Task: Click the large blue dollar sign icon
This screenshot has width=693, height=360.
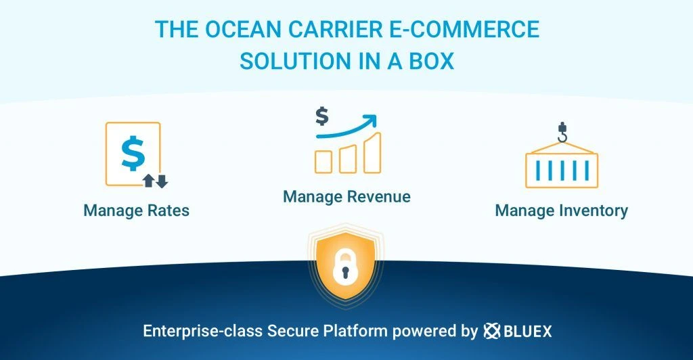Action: [133, 154]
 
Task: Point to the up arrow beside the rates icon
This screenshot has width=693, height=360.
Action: [149, 181]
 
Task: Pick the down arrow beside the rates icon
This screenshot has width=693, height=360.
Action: [161, 181]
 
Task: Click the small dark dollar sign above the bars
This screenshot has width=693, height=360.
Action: [322, 116]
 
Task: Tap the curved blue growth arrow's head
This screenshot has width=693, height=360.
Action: [369, 121]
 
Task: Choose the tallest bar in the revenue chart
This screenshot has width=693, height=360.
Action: [372, 152]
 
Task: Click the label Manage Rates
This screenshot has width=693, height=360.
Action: [137, 210]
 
